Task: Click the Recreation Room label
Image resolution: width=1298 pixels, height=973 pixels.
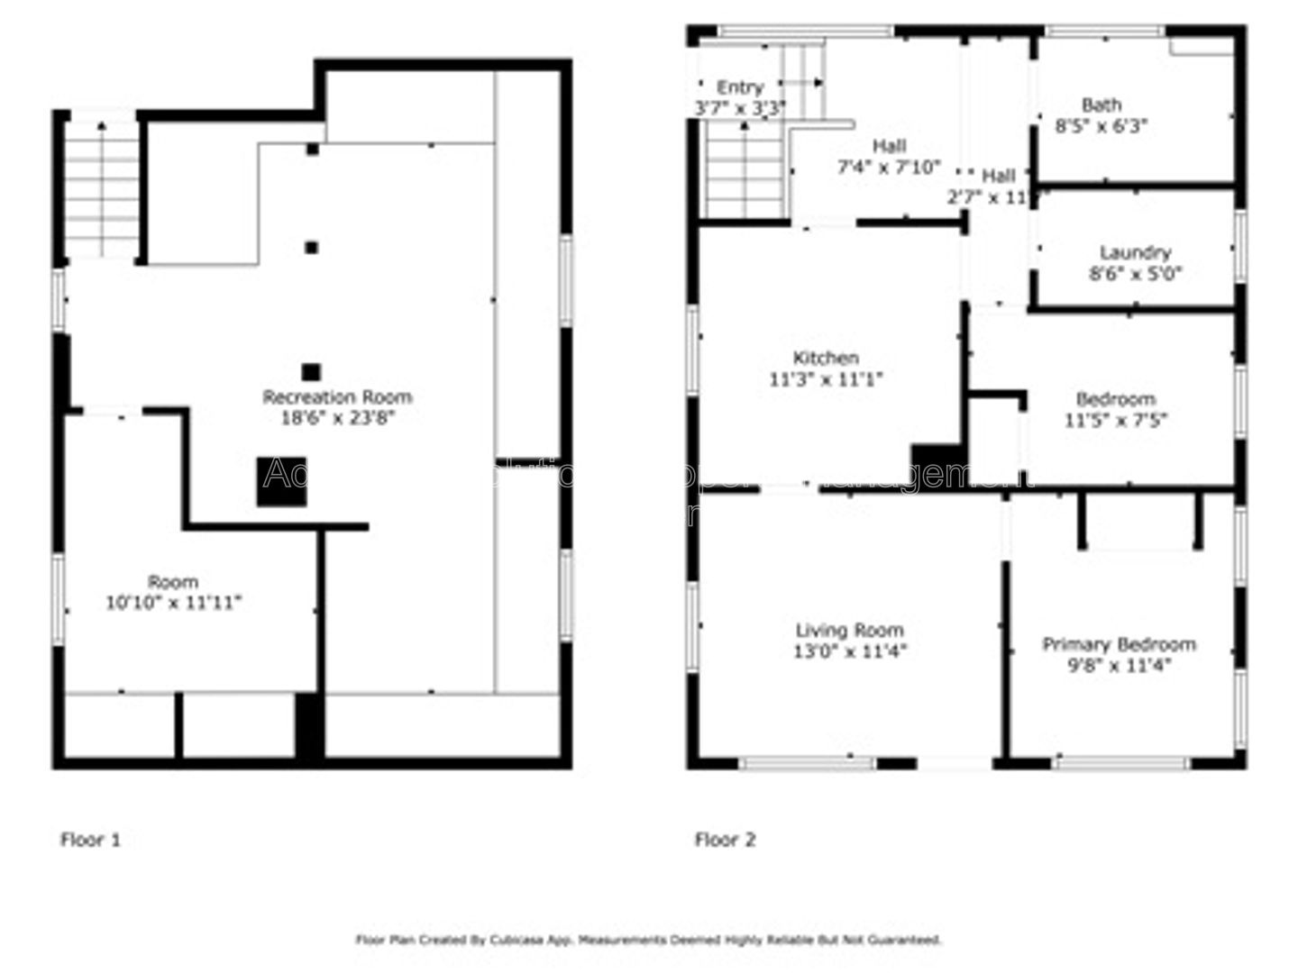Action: click(x=337, y=396)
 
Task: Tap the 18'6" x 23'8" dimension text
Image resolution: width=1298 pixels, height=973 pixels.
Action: click(x=337, y=418)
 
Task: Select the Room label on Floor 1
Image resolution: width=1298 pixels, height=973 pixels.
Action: click(x=173, y=582)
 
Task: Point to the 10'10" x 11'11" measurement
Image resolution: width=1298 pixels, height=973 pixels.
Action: click(x=173, y=603)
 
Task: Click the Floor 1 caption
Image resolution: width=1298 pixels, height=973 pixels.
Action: click(x=90, y=840)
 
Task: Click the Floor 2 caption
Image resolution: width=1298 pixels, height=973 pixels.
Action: click(x=725, y=840)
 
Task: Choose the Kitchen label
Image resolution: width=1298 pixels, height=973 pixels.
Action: click(x=825, y=358)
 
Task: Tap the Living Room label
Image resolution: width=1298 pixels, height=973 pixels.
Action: click(x=849, y=630)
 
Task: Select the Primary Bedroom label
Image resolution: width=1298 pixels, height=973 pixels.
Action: click(x=1119, y=644)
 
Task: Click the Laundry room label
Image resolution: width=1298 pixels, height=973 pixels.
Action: click(x=1135, y=253)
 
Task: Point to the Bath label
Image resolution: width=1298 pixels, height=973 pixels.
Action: click(x=1101, y=105)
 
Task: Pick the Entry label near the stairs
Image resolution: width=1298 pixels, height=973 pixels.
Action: click(x=740, y=87)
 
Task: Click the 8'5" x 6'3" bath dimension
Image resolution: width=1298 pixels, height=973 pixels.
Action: click(x=1101, y=126)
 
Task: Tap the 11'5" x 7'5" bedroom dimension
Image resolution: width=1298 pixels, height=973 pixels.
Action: click(x=1116, y=420)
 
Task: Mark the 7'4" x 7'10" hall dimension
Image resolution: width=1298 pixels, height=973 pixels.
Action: click(x=889, y=167)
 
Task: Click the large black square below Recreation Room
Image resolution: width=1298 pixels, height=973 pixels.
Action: click(x=281, y=481)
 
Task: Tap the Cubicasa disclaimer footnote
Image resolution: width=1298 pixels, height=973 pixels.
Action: click(x=649, y=940)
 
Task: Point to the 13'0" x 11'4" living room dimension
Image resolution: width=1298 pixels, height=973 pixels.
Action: click(x=849, y=651)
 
